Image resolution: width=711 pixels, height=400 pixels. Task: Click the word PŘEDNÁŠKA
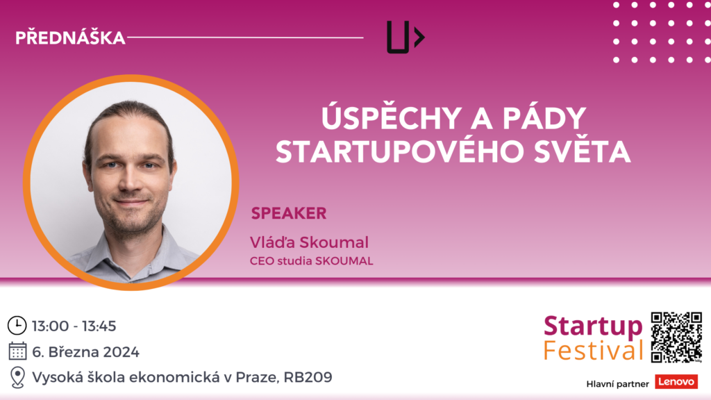click(70, 37)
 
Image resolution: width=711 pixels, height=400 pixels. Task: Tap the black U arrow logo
click(405, 37)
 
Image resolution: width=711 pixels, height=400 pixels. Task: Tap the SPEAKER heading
click(289, 213)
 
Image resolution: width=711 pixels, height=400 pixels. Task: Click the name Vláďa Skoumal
click(309, 242)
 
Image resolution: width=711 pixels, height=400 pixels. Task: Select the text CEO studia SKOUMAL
click(312, 261)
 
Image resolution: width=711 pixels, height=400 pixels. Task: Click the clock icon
click(17, 326)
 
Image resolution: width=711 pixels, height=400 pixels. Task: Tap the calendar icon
click(17, 351)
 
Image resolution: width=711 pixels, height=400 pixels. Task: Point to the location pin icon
click(17, 377)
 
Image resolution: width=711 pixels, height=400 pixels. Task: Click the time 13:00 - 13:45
click(74, 326)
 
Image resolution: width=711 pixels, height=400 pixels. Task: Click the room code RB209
click(308, 377)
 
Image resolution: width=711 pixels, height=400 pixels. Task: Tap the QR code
click(676, 337)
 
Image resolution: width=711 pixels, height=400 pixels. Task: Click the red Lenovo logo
click(676, 382)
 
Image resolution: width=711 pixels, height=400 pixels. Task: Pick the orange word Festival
click(593, 351)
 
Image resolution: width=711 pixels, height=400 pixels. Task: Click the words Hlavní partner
click(617, 384)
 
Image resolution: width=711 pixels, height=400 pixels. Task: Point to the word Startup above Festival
click(593, 326)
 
